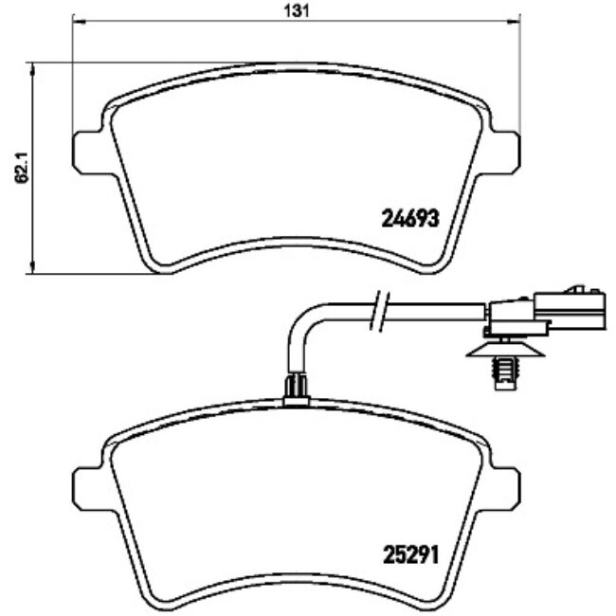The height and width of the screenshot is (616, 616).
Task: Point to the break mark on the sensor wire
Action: (x=379, y=311)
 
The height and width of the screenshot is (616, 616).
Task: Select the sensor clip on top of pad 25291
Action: (x=297, y=387)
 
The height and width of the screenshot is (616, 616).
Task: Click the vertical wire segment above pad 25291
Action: (x=295, y=355)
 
